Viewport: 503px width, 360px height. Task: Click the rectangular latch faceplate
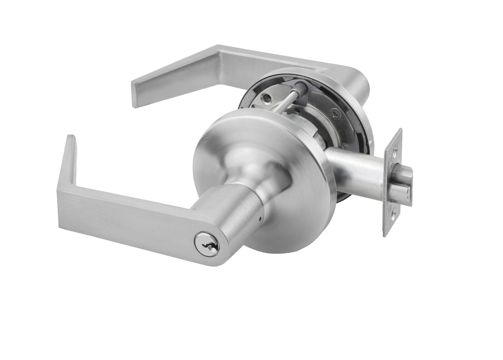393,182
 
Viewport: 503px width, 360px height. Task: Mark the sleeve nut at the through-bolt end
301,87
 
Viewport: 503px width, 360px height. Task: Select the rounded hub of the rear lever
356,83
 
